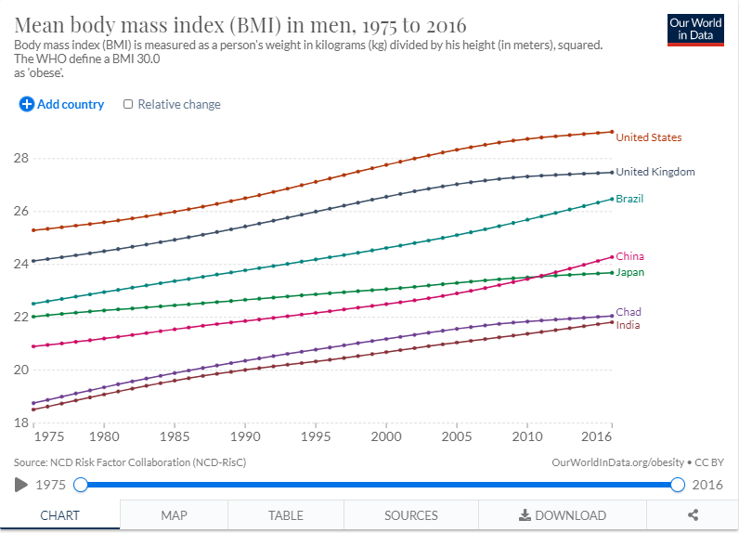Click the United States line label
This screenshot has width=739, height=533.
pyautogui.click(x=648, y=137)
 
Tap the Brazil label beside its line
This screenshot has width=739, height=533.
pyautogui.click(x=629, y=199)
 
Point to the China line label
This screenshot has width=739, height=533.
pyautogui.click(x=629, y=256)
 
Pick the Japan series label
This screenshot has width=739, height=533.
pyautogui.click(x=629, y=272)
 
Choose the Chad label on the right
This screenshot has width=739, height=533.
pyautogui.click(x=629, y=312)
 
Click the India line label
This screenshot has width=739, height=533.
pyautogui.click(x=628, y=325)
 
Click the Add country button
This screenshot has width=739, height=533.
pyautogui.click(x=62, y=104)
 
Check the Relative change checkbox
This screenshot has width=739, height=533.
pyautogui.click(x=128, y=104)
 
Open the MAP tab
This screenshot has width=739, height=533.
pyautogui.click(x=174, y=515)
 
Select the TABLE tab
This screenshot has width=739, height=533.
pyautogui.click(x=285, y=515)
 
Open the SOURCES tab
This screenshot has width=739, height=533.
pyautogui.click(x=410, y=515)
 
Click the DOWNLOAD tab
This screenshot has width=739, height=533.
pyautogui.click(x=562, y=515)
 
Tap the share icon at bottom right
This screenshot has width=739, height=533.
pyautogui.click(x=693, y=515)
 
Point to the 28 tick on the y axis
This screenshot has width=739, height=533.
pyautogui.click(x=20, y=158)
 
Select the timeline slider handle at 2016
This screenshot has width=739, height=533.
pyautogui.click(x=678, y=485)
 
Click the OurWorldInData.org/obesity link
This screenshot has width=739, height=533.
pyautogui.click(x=617, y=462)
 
